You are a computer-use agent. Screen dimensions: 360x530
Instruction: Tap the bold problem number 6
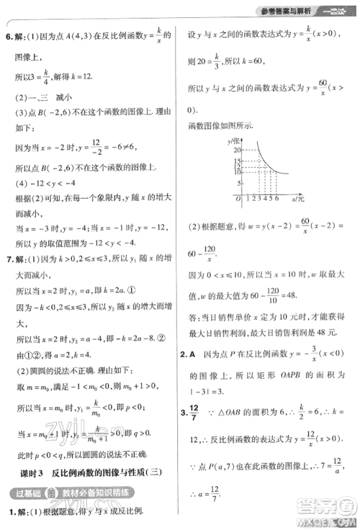[9, 34]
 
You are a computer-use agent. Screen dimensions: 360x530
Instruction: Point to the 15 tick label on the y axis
[234, 165]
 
